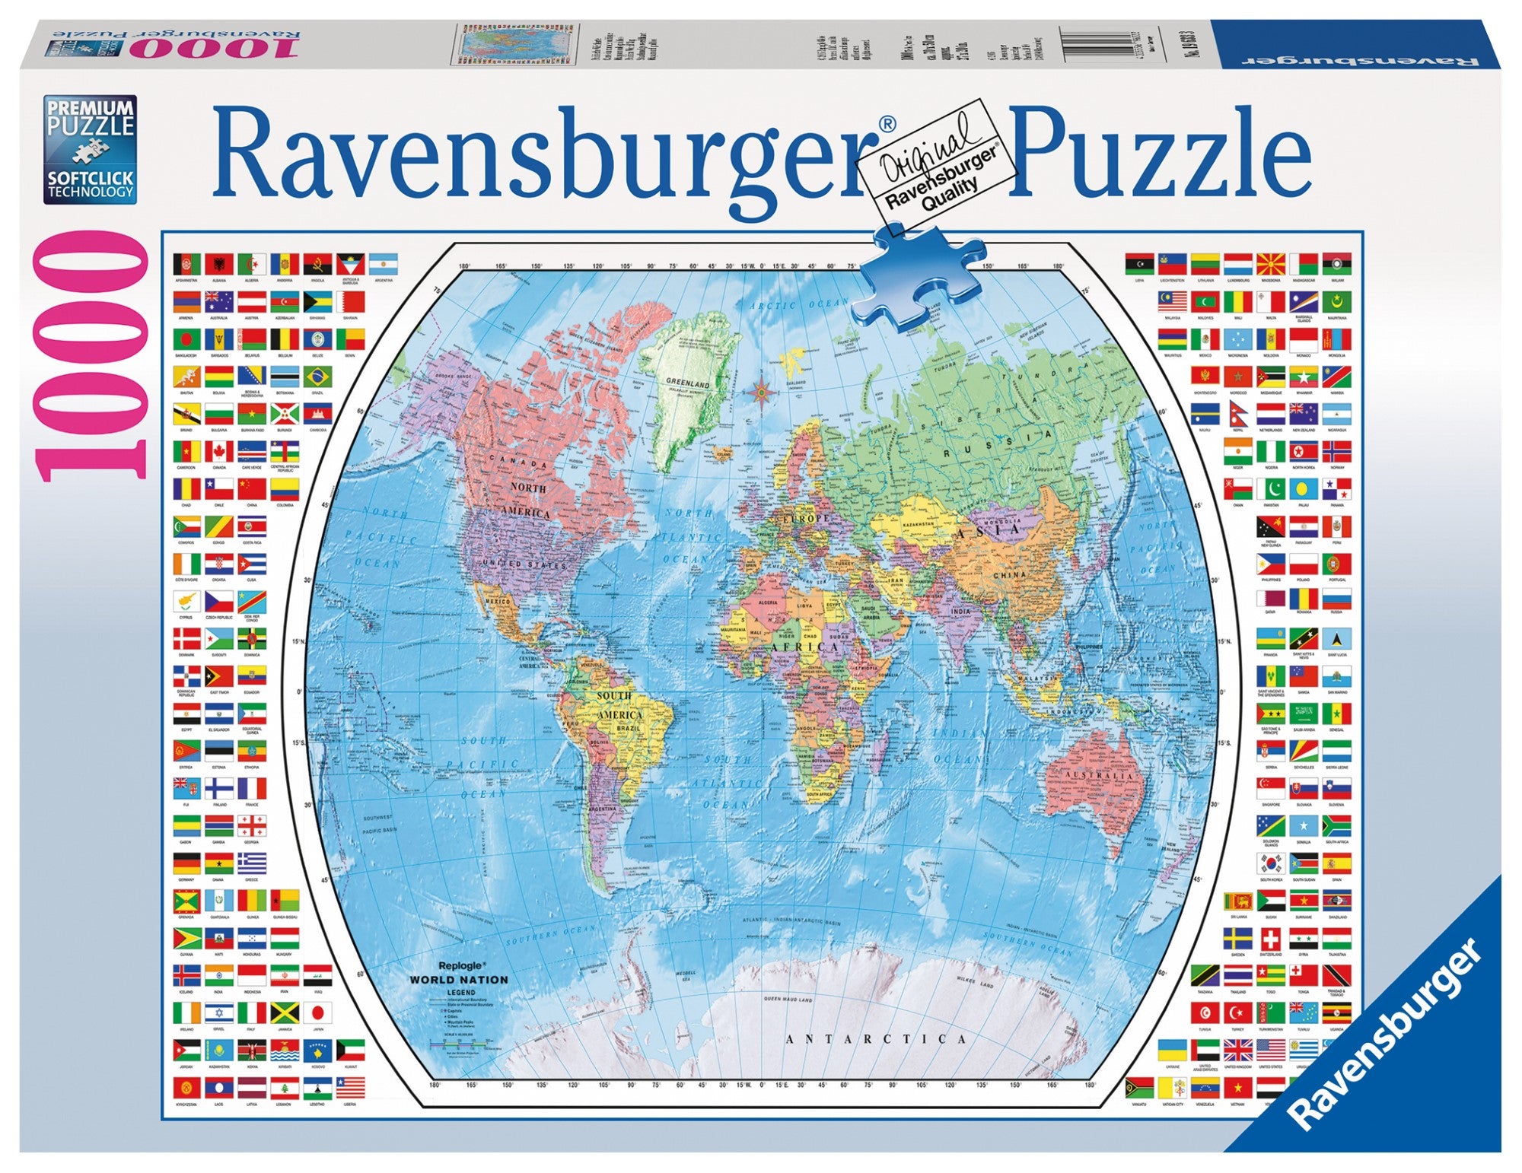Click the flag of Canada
point(219,452)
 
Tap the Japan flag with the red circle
point(317,1013)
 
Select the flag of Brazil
point(317,377)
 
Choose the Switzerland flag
point(1270,939)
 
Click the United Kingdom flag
point(1237,1051)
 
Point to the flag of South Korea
point(1270,863)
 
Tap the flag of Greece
point(252,863)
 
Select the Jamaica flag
point(285,1013)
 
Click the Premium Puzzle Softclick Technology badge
point(90,149)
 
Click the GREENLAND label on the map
point(687,384)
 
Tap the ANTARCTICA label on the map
point(875,1039)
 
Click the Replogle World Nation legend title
point(458,974)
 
